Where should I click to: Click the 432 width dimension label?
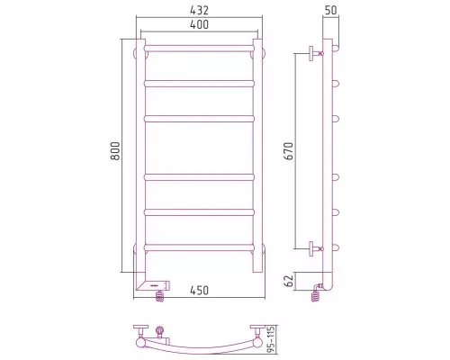coord(199,10)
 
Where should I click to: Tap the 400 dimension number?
coord(199,24)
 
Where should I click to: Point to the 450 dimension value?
coord(199,290)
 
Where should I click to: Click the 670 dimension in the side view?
coord(289,151)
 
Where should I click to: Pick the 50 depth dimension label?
coord(331,10)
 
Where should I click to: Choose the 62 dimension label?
coord(289,281)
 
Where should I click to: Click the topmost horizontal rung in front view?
coord(199,49)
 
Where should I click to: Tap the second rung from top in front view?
coord(199,84)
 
